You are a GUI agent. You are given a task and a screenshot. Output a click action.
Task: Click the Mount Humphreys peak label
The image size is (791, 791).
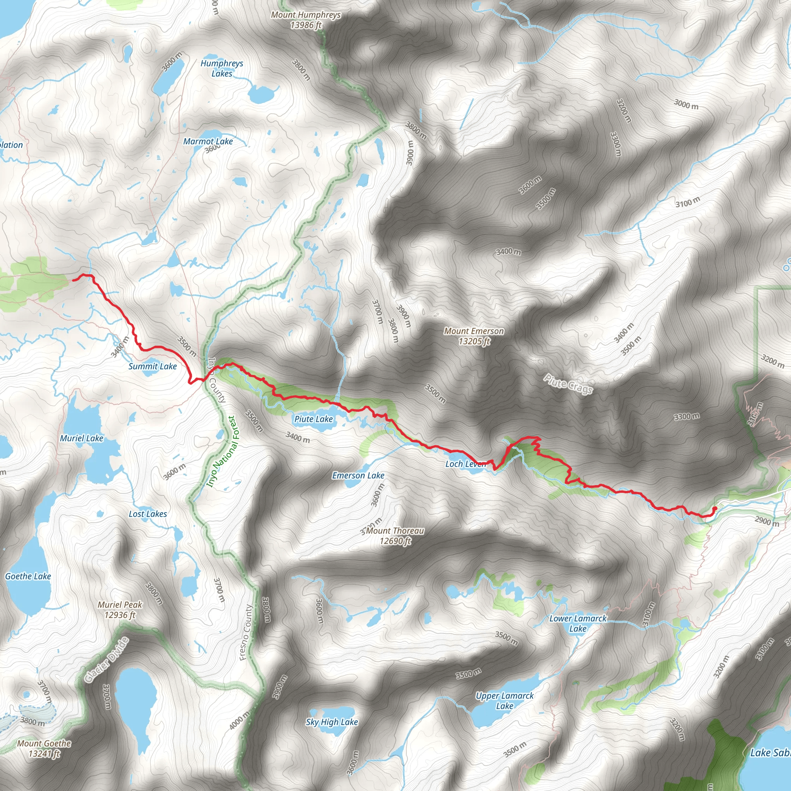(x=306, y=20)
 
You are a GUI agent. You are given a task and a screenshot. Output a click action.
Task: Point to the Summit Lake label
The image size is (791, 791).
(x=152, y=367)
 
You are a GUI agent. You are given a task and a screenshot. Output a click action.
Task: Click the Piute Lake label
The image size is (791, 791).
(x=314, y=419)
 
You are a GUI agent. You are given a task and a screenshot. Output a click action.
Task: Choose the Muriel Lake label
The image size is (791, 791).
(x=81, y=438)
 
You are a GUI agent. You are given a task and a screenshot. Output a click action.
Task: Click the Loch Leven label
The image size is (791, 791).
(x=465, y=464)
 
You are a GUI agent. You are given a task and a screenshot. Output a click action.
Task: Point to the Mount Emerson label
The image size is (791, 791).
(x=474, y=336)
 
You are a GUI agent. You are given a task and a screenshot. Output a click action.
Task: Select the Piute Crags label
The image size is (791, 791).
(x=568, y=384)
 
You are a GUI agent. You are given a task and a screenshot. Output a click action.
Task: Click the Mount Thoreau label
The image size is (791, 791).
(x=395, y=536)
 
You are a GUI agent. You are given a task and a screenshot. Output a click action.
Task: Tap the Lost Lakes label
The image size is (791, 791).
(x=148, y=514)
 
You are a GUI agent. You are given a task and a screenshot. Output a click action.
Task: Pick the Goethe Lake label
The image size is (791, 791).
(x=28, y=576)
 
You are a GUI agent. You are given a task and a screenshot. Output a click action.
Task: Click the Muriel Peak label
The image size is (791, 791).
(x=120, y=609)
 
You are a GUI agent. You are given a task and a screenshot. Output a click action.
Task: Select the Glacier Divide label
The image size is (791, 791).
(x=107, y=660)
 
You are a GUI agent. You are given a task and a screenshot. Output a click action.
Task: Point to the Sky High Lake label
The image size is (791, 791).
(x=332, y=722)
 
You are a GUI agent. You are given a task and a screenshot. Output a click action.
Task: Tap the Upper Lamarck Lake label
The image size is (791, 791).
(x=504, y=701)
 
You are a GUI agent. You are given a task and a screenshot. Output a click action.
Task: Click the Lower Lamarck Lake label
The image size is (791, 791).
(x=578, y=623)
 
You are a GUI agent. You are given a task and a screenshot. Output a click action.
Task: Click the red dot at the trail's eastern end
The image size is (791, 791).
(x=715, y=509)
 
